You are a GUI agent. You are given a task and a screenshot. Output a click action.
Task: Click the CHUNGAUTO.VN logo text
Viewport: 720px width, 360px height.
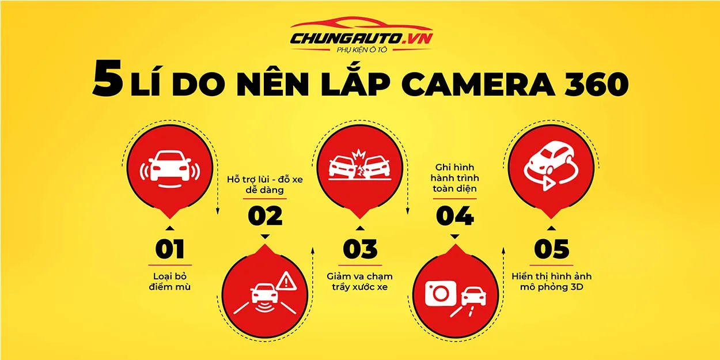click(x=361, y=39)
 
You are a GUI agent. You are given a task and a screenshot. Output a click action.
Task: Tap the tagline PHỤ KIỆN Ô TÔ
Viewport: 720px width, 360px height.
click(x=362, y=50)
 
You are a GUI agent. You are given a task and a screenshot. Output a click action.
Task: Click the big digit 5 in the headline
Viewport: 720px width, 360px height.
click(x=108, y=81)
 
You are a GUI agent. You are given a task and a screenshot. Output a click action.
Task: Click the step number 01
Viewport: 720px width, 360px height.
click(x=170, y=249)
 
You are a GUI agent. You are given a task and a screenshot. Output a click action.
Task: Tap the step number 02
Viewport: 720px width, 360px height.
click(x=265, y=215)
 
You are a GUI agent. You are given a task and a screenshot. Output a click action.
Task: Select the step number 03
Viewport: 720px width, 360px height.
click(x=360, y=249)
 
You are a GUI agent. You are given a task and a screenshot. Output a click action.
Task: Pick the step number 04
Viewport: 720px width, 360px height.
click(x=455, y=215)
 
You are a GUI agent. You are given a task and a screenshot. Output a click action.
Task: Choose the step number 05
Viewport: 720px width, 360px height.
click(x=552, y=249)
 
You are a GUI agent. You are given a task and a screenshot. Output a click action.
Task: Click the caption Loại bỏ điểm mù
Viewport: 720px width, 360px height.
click(x=170, y=282)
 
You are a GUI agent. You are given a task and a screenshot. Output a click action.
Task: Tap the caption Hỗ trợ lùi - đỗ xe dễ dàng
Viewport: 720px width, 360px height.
click(x=265, y=184)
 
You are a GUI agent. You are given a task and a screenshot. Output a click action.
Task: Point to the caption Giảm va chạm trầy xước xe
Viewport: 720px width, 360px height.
click(x=359, y=282)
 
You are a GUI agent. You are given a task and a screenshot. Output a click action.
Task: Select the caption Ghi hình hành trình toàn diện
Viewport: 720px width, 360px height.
click(x=455, y=178)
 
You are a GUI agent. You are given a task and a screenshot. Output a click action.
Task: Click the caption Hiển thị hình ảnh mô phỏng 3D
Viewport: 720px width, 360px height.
click(x=552, y=282)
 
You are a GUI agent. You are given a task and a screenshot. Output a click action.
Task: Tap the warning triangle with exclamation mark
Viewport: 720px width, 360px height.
click(x=287, y=282)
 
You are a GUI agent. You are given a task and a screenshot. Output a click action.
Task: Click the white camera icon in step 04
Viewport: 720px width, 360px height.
click(x=441, y=293)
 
